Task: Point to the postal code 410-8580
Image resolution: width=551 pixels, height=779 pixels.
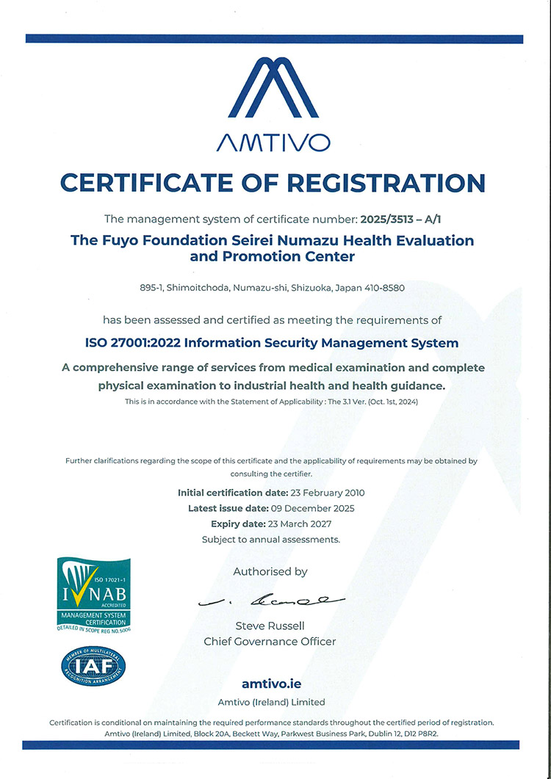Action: pyautogui.click(x=382, y=288)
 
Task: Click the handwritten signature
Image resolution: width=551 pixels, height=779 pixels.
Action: pyautogui.click(x=271, y=600)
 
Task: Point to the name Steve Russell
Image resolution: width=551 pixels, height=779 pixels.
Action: pyautogui.click(x=270, y=626)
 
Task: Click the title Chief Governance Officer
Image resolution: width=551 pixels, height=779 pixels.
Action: pyautogui.click(x=270, y=641)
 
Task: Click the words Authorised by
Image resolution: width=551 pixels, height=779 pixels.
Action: pyautogui.click(x=270, y=571)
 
